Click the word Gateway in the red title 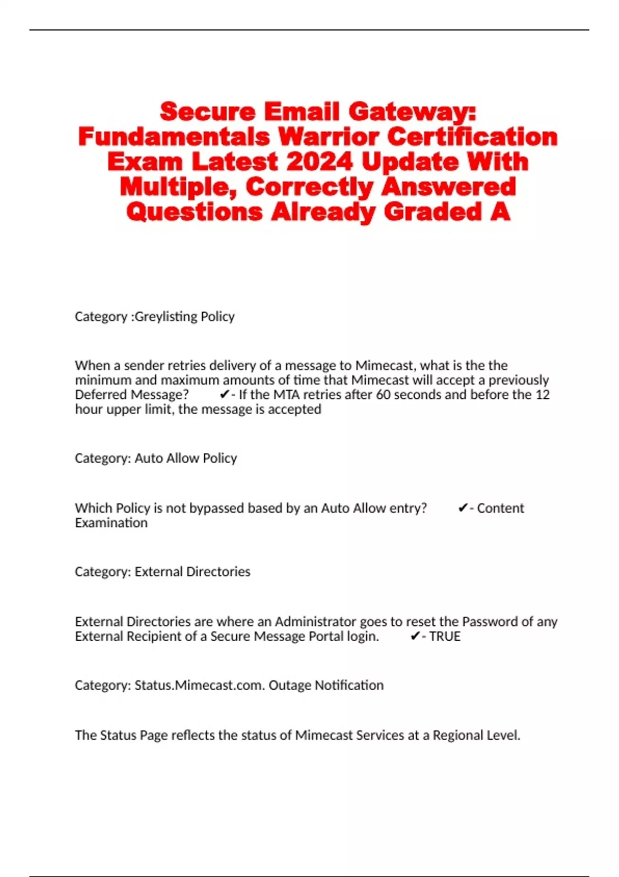[412, 111]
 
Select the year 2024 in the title [319, 162]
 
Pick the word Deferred [101, 395]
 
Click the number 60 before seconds [383, 395]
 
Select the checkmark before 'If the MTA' [224, 395]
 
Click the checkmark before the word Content [463, 508]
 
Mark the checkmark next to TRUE [415, 636]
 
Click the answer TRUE [445, 636]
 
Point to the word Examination [111, 523]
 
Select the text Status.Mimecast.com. [200, 685]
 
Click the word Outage [290, 685]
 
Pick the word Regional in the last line [460, 735]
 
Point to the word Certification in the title [472, 137]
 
